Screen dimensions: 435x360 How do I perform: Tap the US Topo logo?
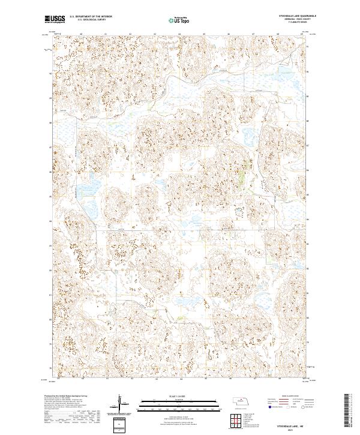(x=179, y=20)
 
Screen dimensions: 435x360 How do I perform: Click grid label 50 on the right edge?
(x=308, y=71)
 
